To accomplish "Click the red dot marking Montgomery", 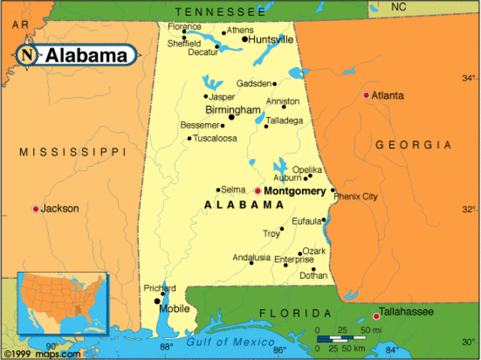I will pyautogui.click(x=258, y=191).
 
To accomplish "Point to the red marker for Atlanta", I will pyautogui.click(x=366, y=95).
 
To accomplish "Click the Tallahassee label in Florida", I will pyautogui.click(x=410, y=310).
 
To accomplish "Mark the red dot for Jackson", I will pyautogui.click(x=35, y=208).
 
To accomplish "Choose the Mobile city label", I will pyautogui.click(x=175, y=308).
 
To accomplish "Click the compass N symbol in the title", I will pyautogui.click(x=27, y=55).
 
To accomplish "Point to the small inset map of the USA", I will pyautogui.click(x=63, y=304).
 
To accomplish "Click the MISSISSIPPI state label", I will pyautogui.click(x=73, y=152).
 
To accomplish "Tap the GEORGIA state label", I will pyautogui.click(x=413, y=144).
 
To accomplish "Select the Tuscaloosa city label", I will pyautogui.click(x=215, y=138).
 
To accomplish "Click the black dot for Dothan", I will pyautogui.click(x=313, y=269).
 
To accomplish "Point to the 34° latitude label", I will pyautogui.click(x=468, y=78).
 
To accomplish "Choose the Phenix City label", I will pyautogui.click(x=355, y=196).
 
